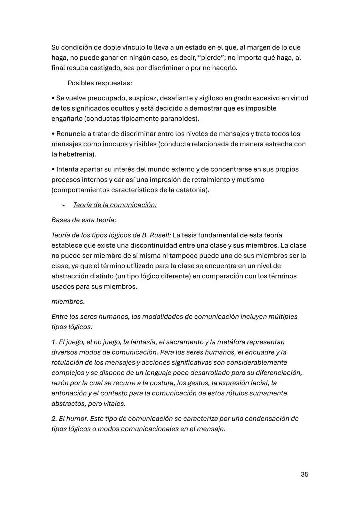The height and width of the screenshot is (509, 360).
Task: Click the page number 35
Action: pyautogui.click(x=304, y=474)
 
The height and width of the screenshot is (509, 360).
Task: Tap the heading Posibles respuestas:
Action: pyautogui.click(x=100, y=83)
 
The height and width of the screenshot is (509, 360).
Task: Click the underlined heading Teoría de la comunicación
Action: pyautogui.click(x=115, y=205)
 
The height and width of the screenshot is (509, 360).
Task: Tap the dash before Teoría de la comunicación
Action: pyautogui.click(x=63, y=205)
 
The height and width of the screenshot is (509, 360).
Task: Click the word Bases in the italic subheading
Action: pyautogui.click(x=61, y=220)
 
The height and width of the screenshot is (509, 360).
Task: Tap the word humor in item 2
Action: pyautogui.click(x=79, y=419)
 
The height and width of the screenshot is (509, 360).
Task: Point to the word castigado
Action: pyautogui.click(x=107, y=68)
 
